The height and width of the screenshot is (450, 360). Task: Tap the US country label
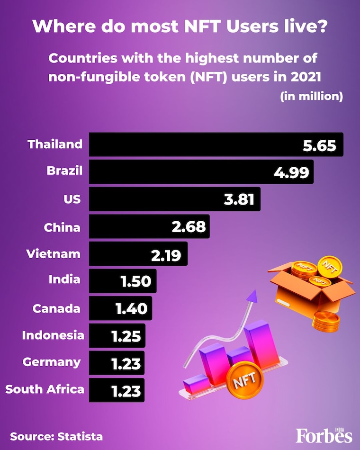point(72,199)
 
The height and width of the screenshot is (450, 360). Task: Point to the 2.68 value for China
point(189,227)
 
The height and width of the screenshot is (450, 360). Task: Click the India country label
point(64,279)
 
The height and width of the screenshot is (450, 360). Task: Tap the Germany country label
point(52,362)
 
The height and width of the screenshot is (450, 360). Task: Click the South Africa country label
point(45,389)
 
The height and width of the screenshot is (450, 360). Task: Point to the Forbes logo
point(324,435)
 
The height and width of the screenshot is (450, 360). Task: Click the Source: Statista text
point(56,436)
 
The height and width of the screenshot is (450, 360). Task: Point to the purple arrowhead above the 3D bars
point(252,297)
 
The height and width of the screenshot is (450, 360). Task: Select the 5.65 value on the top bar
point(320,145)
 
